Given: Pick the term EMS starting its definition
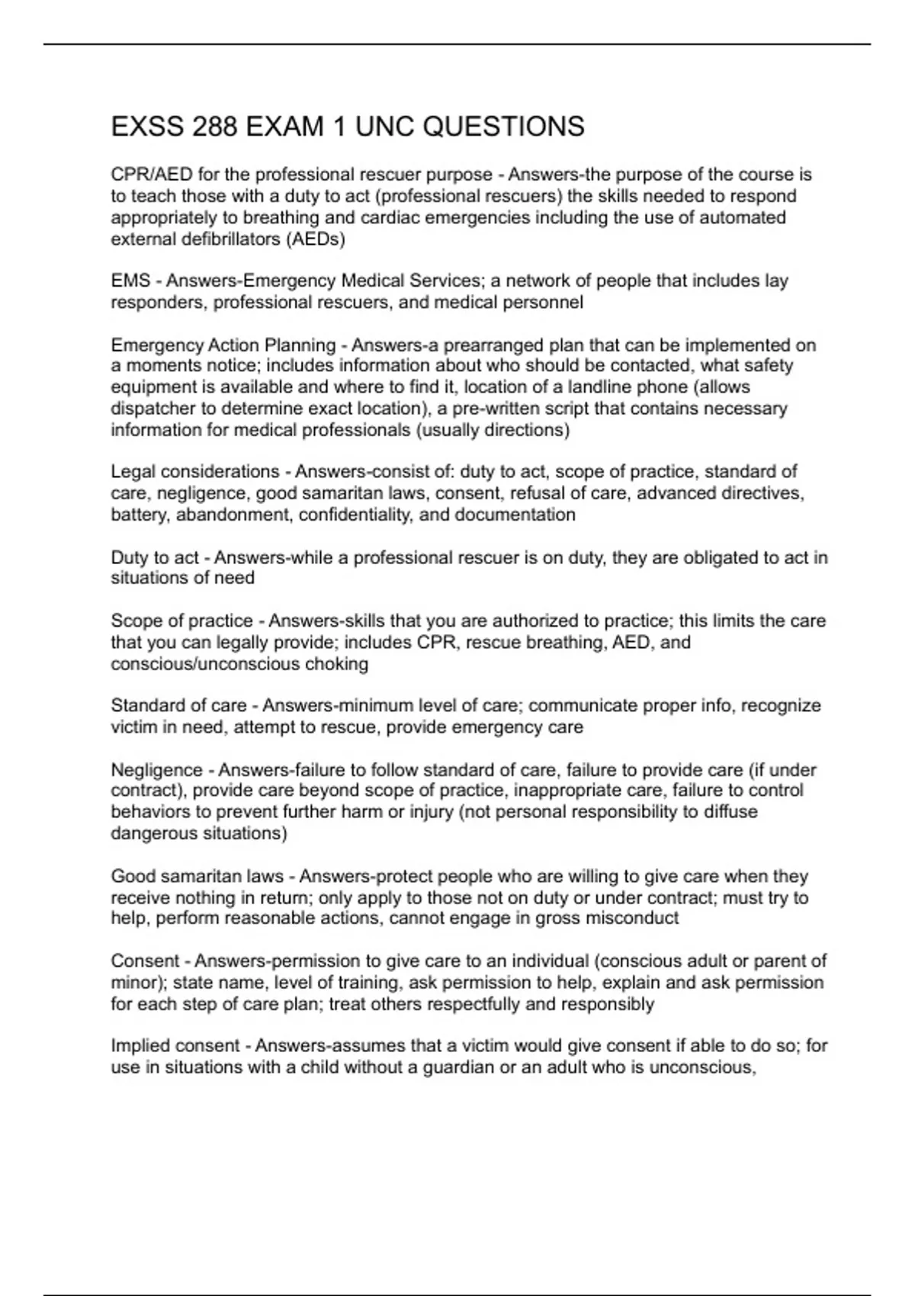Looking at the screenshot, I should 130,281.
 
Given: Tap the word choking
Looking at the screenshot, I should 336,664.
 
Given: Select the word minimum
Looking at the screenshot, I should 387,706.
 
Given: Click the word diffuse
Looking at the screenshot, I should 730,812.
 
